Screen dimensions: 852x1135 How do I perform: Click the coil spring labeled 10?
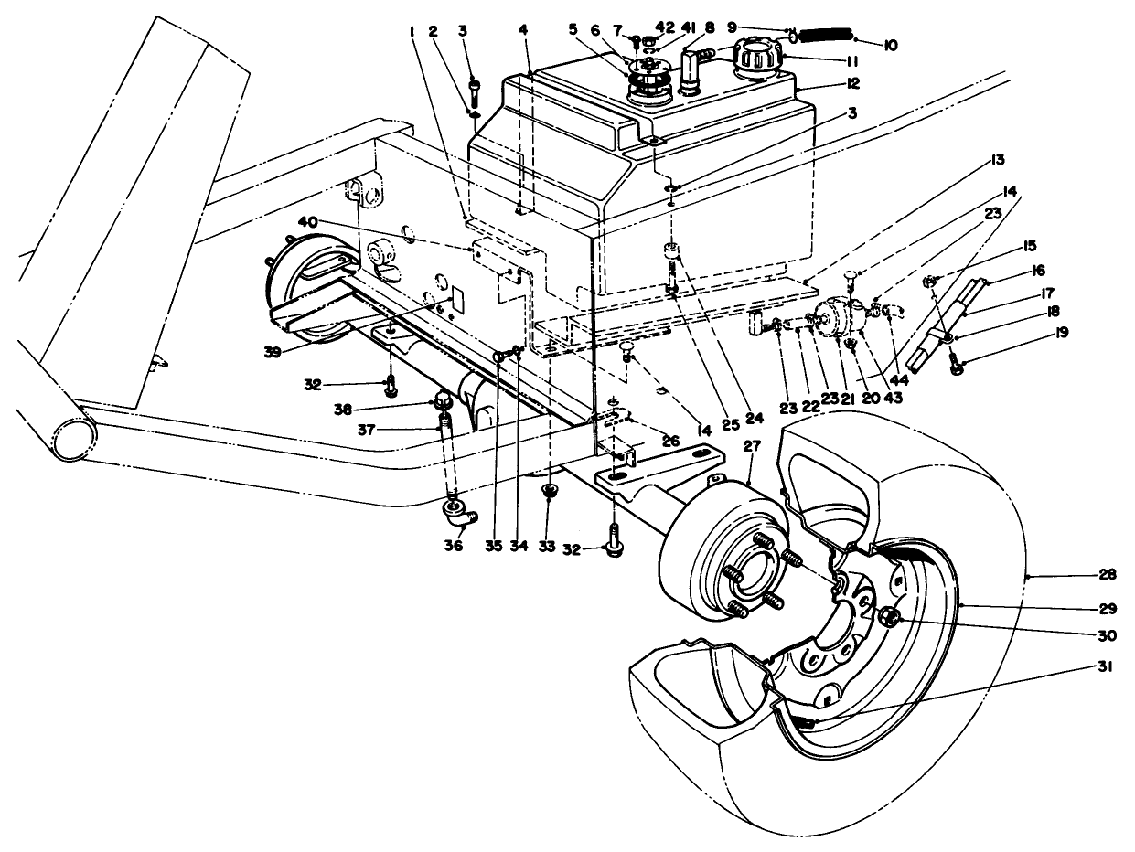(x=826, y=36)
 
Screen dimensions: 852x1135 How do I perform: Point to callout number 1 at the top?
(x=412, y=31)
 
